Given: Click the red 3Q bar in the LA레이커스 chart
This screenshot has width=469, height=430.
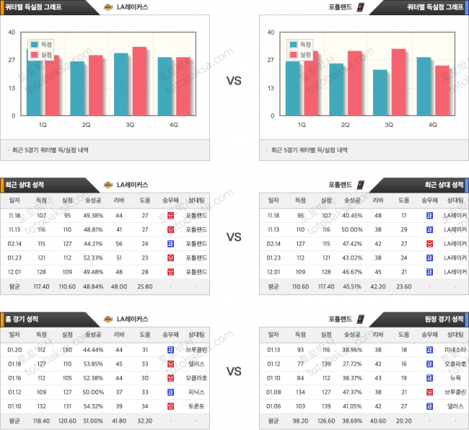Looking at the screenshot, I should [x=139, y=81].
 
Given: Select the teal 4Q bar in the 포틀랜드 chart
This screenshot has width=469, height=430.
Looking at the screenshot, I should [x=424, y=86].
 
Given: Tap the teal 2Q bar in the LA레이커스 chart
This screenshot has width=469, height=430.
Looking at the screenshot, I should [x=77, y=88].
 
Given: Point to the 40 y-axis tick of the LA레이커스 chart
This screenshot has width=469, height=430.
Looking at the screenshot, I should [x=12, y=32].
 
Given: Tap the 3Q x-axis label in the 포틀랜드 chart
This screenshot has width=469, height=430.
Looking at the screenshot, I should [x=389, y=125].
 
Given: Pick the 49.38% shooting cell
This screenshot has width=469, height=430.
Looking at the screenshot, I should [x=95, y=216].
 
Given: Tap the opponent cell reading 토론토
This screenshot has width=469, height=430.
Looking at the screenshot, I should [x=197, y=405].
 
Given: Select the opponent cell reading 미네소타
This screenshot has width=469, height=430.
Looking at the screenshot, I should [x=455, y=350].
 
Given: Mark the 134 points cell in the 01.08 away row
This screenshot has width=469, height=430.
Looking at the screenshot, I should [x=301, y=392].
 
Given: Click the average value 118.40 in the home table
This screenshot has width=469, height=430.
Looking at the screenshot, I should [x=41, y=419].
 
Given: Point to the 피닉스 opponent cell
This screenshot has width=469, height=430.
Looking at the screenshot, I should [x=197, y=392].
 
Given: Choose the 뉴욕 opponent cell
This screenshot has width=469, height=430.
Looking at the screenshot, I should [x=455, y=378].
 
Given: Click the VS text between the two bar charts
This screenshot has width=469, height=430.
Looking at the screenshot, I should [x=234, y=81].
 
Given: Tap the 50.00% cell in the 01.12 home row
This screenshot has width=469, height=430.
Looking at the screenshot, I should [x=95, y=392].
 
